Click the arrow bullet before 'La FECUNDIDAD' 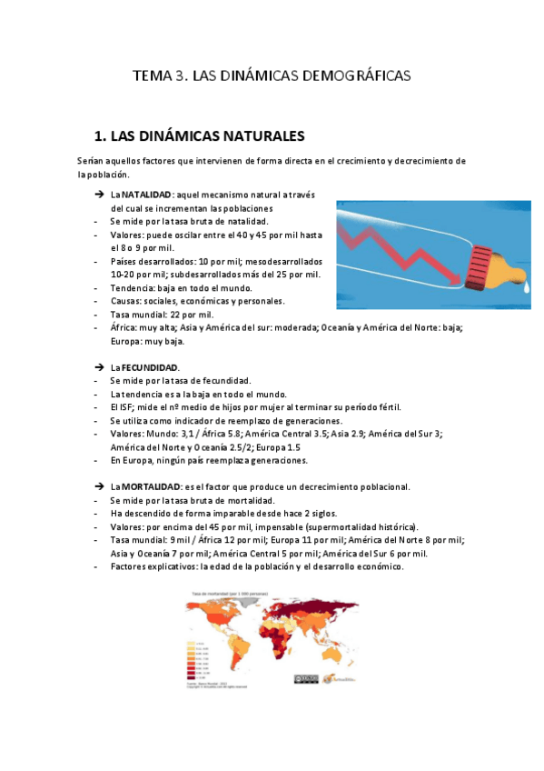99,366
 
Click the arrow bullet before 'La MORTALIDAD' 99,487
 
